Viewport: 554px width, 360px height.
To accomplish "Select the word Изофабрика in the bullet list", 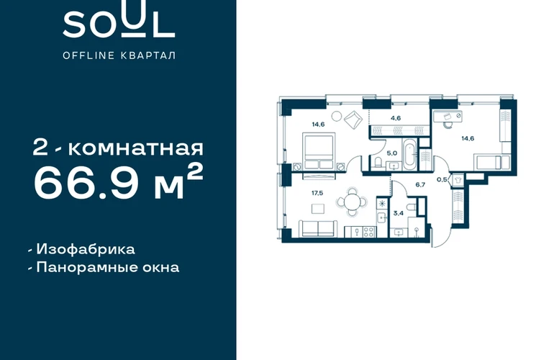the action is point(86,249).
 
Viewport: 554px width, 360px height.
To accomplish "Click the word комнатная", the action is point(136,148).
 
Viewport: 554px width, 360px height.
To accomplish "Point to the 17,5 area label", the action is point(317,193).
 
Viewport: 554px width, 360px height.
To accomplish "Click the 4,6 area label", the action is point(396,118).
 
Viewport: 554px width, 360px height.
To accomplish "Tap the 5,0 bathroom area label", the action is point(392,153).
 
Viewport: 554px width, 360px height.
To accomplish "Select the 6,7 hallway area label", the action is point(420,184).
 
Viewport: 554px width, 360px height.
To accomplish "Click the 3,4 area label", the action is point(399,213).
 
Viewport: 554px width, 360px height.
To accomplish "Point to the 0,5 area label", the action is point(442,180).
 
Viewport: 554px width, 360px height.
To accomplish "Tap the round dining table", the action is point(352,202).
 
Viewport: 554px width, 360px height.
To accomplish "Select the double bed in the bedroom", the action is point(319,151).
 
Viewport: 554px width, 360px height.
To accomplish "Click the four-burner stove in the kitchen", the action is point(368,232).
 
